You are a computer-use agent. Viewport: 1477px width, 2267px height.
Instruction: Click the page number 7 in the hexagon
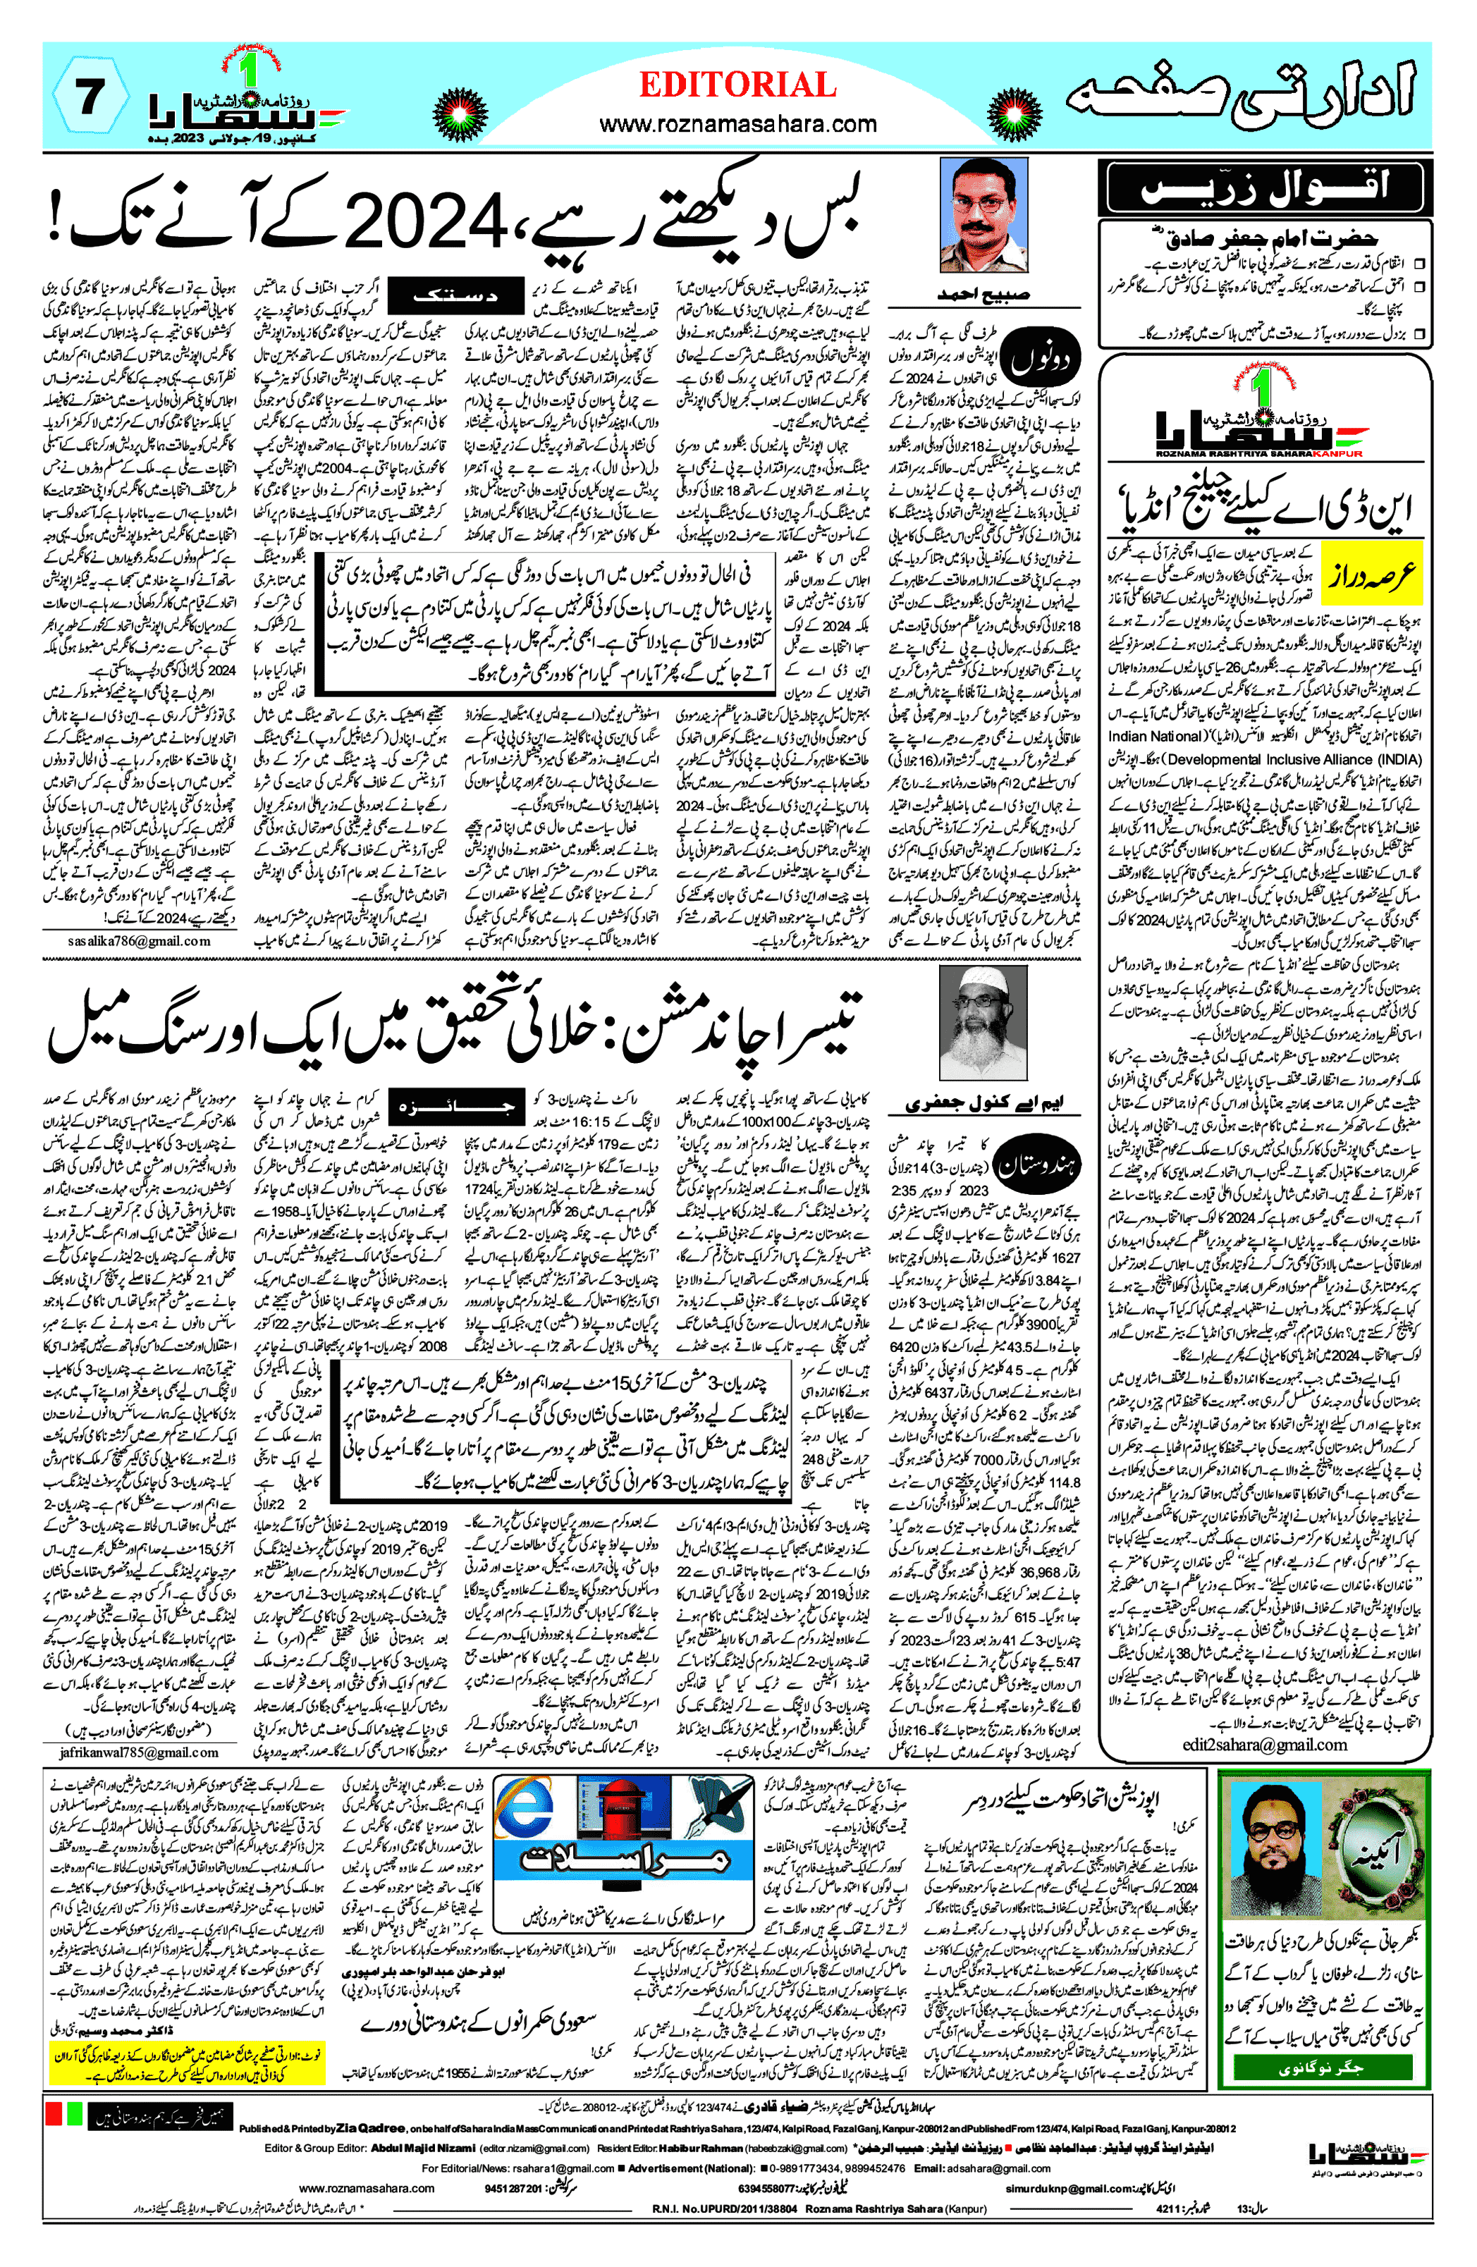click(x=90, y=97)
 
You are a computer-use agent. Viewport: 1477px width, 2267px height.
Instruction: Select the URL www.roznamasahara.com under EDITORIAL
click(x=737, y=124)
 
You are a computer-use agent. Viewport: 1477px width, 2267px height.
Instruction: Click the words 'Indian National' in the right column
click(x=1156, y=737)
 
